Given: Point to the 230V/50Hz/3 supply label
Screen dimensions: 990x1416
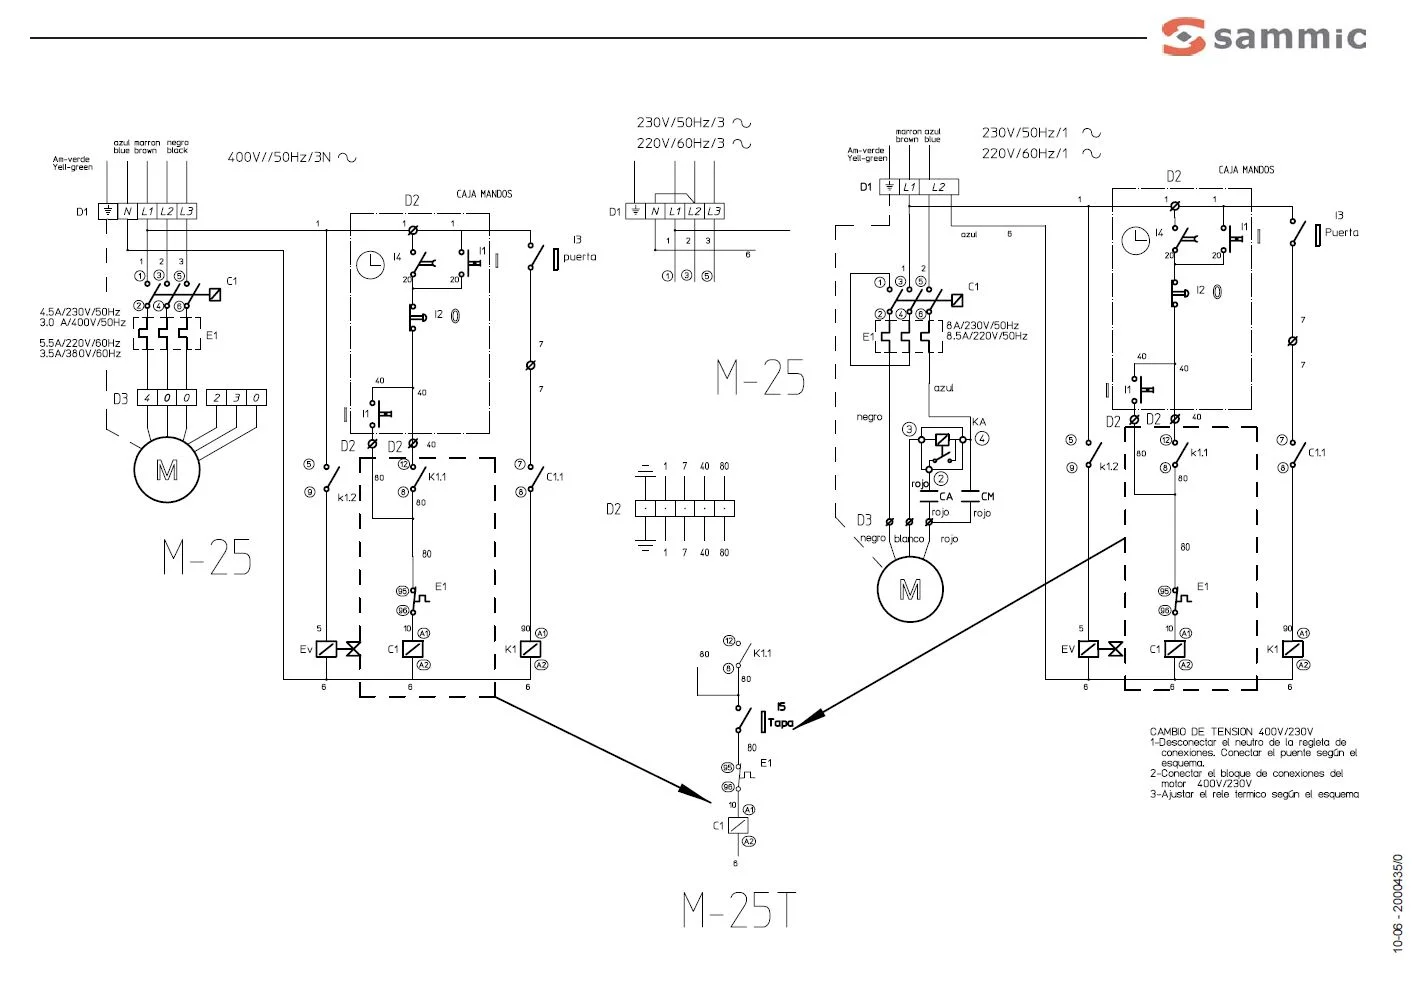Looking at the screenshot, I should pyautogui.click(x=681, y=122).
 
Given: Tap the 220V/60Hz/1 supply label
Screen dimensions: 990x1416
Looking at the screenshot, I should pyautogui.click(x=1025, y=153).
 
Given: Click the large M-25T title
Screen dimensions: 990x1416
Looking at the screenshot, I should pyautogui.click(x=739, y=909).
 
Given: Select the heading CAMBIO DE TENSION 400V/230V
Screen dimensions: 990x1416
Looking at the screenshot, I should pyautogui.click(x=1231, y=732).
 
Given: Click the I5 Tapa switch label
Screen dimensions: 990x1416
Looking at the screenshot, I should pyautogui.click(x=780, y=715).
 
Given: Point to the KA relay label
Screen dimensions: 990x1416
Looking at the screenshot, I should pyautogui.click(x=978, y=422).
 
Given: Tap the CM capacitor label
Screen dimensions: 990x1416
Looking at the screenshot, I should pyautogui.click(x=987, y=496).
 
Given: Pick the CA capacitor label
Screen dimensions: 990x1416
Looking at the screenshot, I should pyautogui.click(x=945, y=496).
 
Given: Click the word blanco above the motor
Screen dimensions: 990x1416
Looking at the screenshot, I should pyautogui.click(x=908, y=539).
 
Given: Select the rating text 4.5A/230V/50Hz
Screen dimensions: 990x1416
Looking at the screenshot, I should pyautogui.click(x=80, y=312).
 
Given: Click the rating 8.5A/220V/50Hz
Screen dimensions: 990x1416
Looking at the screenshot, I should pyautogui.click(x=987, y=336).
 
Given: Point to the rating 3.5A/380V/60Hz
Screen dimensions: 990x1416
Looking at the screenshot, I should pyautogui.click(x=80, y=353).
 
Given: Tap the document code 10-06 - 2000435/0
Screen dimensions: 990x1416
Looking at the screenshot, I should pyautogui.click(x=1398, y=903).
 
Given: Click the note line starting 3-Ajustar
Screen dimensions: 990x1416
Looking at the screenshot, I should pyautogui.click(x=1254, y=794).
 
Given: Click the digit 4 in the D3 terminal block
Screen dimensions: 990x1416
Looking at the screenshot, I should pyautogui.click(x=147, y=398).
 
